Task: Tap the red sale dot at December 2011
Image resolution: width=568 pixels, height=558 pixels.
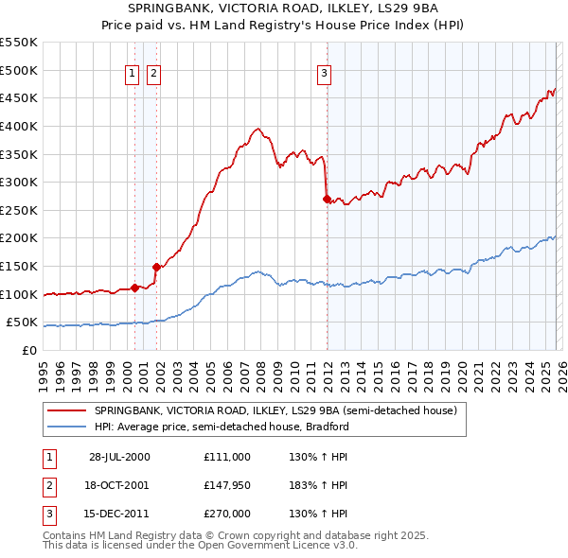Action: [327, 199]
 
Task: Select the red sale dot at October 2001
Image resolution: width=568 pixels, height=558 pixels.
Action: [156, 268]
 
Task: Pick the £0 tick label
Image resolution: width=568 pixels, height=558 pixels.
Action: [29, 350]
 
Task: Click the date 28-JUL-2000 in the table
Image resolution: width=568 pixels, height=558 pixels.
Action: [119, 456]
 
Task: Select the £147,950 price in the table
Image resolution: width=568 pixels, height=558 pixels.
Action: [226, 485]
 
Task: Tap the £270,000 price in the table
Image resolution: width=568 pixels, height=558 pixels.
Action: [226, 514]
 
